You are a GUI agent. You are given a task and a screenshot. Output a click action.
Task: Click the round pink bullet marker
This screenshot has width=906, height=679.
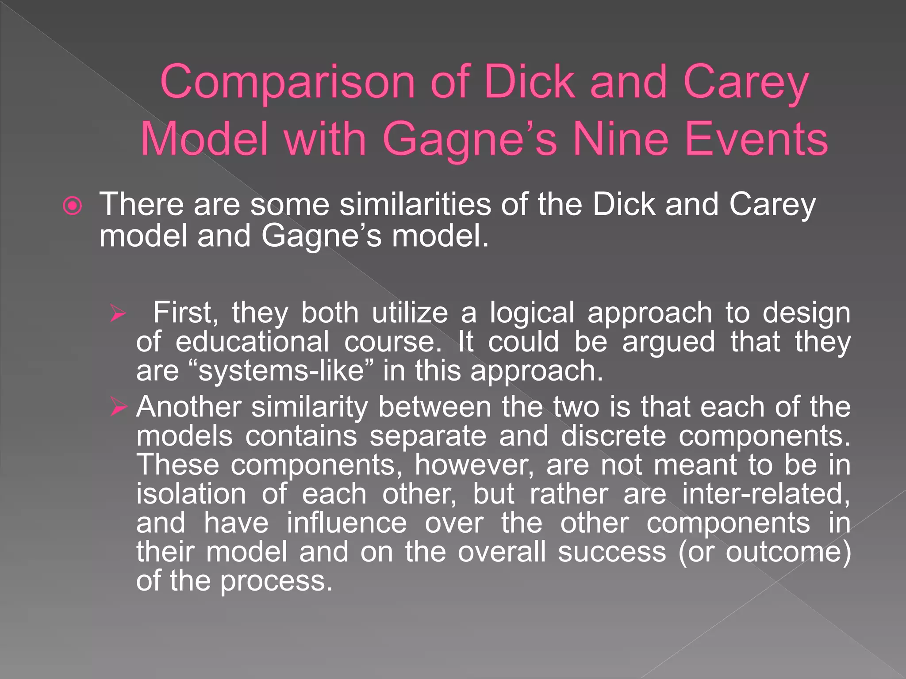[73, 206]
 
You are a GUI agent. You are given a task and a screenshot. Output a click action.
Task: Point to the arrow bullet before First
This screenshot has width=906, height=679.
[118, 314]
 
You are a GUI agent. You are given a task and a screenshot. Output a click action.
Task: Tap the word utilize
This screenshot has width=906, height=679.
[410, 313]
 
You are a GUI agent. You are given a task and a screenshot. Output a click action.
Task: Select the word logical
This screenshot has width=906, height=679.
[532, 313]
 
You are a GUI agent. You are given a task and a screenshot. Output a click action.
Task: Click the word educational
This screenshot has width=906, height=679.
[252, 342]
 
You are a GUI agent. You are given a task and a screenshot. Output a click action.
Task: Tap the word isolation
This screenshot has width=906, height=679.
[191, 494]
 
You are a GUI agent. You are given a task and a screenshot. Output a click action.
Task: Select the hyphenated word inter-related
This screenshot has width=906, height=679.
[765, 494]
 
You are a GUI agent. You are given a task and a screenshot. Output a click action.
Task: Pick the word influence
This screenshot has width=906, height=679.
[346, 523]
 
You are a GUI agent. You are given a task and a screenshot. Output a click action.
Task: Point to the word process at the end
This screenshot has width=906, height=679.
[276, 581]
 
